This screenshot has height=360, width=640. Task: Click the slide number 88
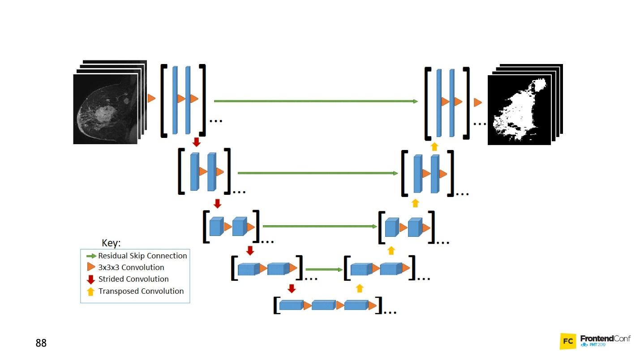pos(41,343)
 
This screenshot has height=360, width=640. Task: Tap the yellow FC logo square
pos(568,341)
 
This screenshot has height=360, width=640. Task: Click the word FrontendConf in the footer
pos(605,339)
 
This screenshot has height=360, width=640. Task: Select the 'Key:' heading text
pos(111,243)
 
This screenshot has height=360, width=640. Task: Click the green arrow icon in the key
pos(91,256)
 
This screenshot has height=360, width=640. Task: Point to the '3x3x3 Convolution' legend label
pos(131,267)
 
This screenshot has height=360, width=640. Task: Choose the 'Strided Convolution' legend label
pos(133,279)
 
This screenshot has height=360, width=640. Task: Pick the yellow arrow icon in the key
pos(91,291)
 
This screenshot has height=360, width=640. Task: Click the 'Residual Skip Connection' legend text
pos(142,256)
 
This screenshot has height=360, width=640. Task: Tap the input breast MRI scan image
pos(105,109)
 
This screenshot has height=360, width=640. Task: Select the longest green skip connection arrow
pos(316,101)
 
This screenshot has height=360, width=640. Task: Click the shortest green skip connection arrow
pos(323,270)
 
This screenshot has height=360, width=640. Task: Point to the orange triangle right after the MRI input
pos(151,98)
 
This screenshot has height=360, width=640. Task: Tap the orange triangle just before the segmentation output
pos(478,103)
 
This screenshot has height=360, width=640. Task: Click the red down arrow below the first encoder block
pos(196,142)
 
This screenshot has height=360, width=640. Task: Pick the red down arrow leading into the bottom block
pos(292,288)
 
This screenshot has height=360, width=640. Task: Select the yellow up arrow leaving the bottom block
pos(359,288)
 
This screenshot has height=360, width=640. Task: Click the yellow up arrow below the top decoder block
pos(434,146)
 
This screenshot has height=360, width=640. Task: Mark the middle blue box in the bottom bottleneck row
pos(323,305)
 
